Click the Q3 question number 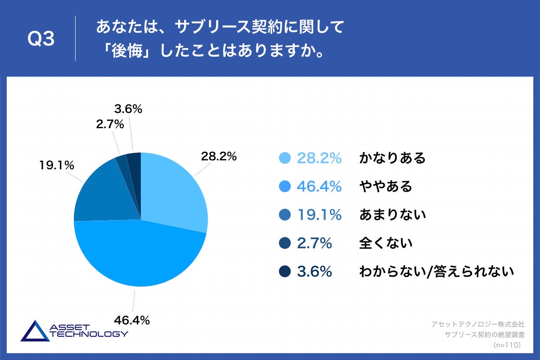coord(41,39)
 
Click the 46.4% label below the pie coord(132,320)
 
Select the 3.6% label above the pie coord(128,108)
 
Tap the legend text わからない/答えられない coord(436,272)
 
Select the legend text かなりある coord(392,158)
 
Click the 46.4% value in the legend coord(319,187)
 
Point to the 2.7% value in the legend coord(314,243)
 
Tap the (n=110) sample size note coord(507,345)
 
